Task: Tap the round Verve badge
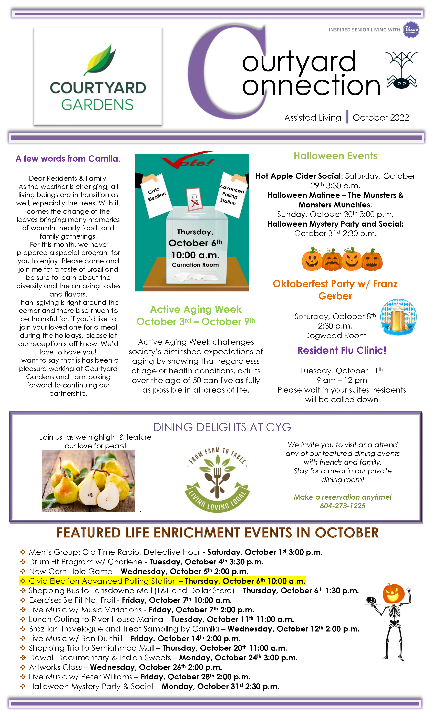tap(411, 30)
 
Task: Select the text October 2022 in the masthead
tap(380, 118)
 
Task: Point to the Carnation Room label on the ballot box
tap(195, 265)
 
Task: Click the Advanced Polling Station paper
tap(231, 195)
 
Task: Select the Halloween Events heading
tap(335, 156)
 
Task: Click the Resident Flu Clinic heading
tap(342, 350)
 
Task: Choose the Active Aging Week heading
tap(196, 309)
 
